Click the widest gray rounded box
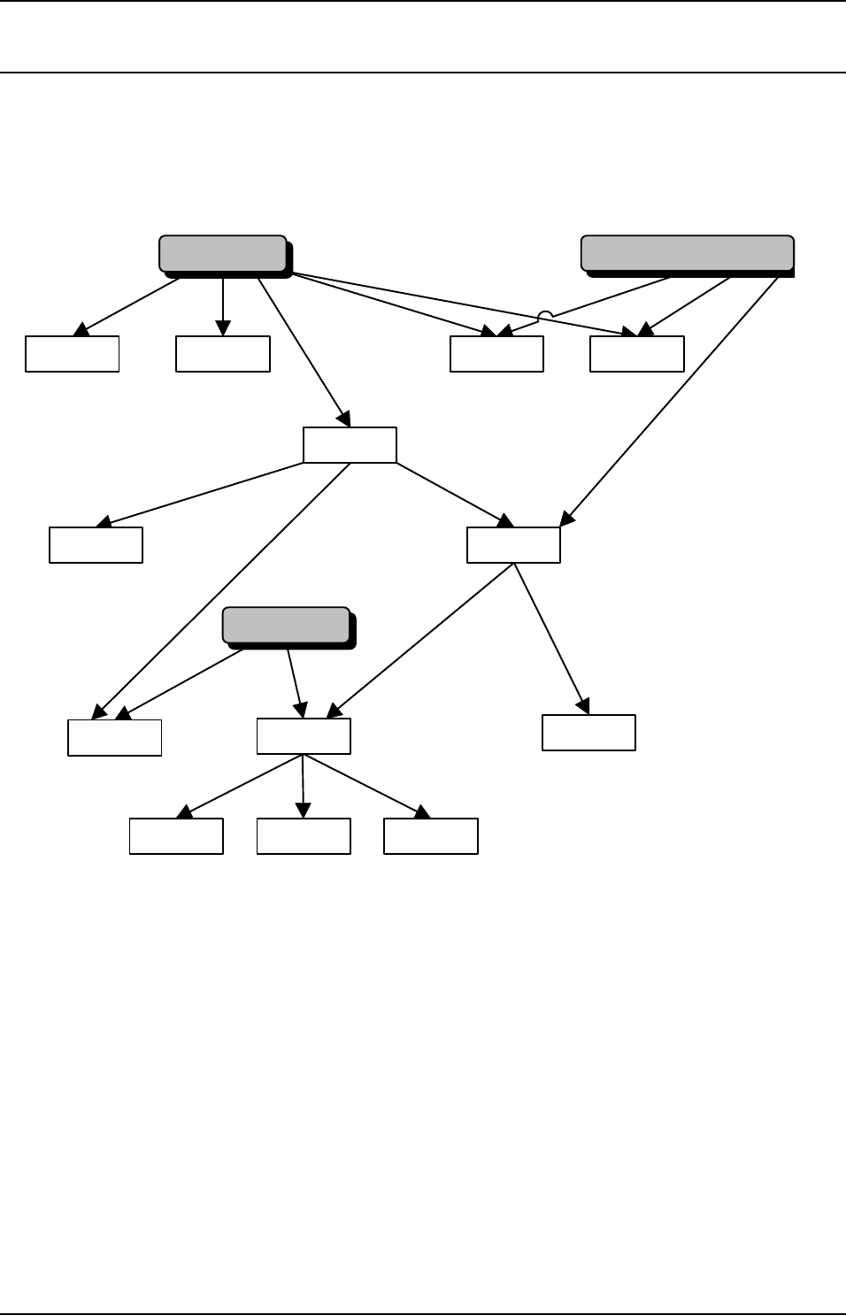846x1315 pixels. [687, 253]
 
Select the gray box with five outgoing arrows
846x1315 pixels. [223, 253]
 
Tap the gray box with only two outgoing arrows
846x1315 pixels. [285, 625]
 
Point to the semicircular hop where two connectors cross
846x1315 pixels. [546, 315]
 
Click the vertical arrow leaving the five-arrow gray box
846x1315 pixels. [223, 305]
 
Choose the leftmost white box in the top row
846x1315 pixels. [73, 354]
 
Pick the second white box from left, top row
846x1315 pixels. [223, 354]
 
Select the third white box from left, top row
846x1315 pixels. [496, 354]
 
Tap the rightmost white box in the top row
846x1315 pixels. [637, 354]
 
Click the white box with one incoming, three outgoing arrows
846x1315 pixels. [350, 445]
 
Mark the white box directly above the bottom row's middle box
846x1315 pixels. [304, 736]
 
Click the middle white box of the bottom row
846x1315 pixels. [304, 836]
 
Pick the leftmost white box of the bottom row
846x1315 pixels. [176, 836]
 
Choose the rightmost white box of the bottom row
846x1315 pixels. [431, 836]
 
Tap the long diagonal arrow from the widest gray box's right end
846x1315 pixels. [673, 398]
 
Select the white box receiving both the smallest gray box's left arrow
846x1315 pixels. [115, 738]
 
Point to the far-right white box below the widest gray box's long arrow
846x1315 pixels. [588, 733]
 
